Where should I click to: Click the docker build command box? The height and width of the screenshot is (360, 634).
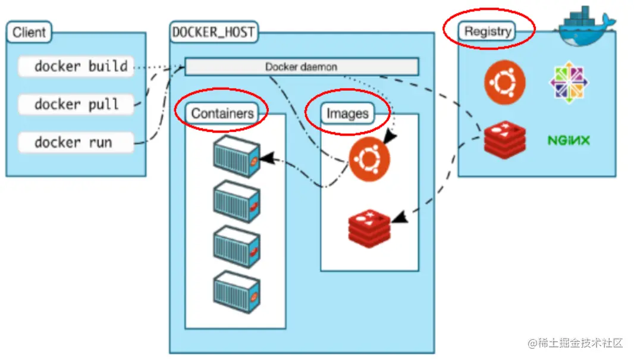pyautogui.click(x=76, y=66)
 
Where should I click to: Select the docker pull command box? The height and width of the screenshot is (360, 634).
pyautogui.click(x=76, y=104)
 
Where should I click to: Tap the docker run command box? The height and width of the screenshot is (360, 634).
pyautogui.click(x=76, y=142)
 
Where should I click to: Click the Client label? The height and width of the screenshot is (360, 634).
pyautogui.click(x=29, y=32)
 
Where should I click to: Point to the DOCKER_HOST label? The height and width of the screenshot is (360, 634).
pyautogui.click(x=214, y=32)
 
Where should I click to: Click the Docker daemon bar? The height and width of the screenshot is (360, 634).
pyautogui.click(x=302, y=67)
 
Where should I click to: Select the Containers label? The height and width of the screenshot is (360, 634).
pyautogui.click(x=222, y=113)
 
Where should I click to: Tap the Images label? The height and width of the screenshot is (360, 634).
pyautogui.click(x=347, y=114)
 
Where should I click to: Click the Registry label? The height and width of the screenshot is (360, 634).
pyautogui.click(x=487, y=31)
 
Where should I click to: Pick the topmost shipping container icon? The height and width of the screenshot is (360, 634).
pyautogui.click(x=237, y=157)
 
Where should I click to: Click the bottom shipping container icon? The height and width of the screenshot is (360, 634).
pyautogui.click(x=237, y=292)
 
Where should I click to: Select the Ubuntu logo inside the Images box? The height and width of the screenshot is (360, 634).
pyautogui.click(x=369, y=159)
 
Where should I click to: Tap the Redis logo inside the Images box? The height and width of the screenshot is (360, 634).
pyautogui.click(x=369, y=228)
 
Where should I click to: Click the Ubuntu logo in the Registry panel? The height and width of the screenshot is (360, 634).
pyautogui.click(x=504, y=83)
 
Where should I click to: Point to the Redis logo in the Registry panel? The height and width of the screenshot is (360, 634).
pyautogui.click(x=505, y=140)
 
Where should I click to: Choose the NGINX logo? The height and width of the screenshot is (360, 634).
pyautogui.click(x=569, y=140)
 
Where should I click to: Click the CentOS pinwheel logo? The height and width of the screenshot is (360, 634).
pyautogui.click(x=569, y=83)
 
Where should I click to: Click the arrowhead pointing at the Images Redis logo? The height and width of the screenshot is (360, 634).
pyautogui.click(x=400, y=217)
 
